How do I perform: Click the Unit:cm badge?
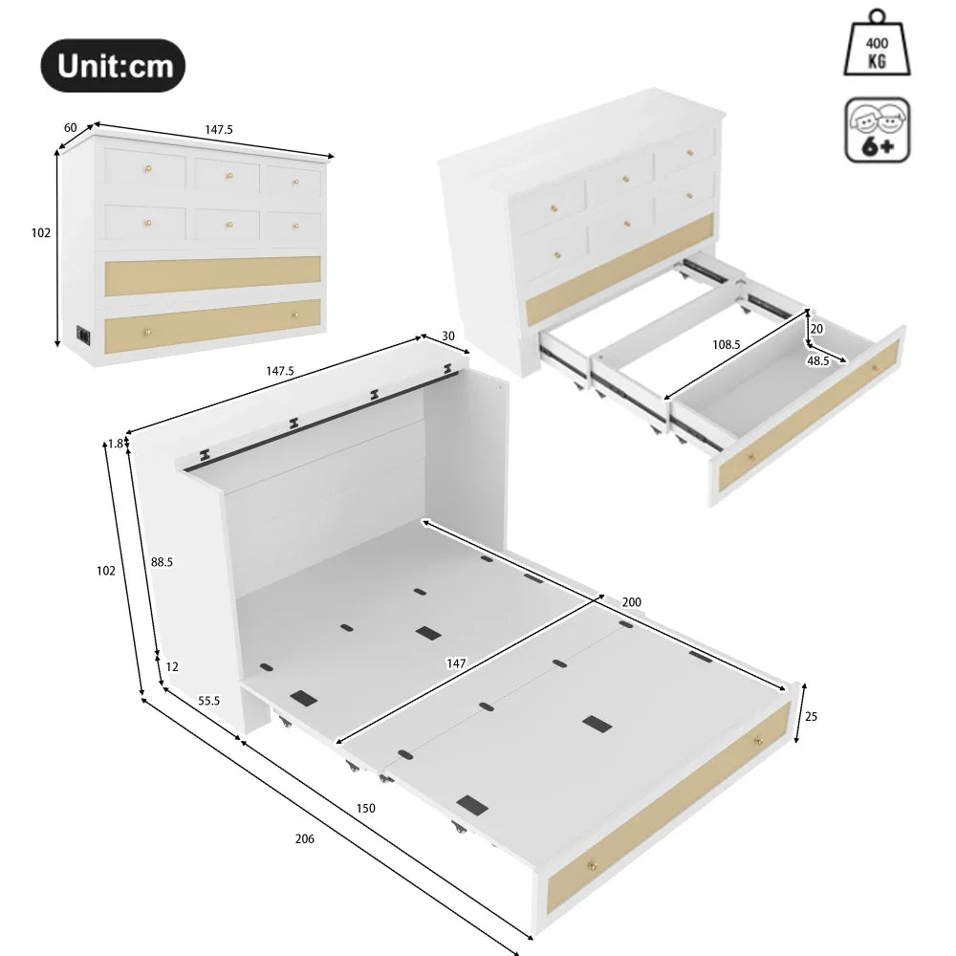112,66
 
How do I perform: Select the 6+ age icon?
877,130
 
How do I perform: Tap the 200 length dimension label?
631,602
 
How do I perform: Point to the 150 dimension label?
365,808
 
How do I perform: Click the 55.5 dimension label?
209,701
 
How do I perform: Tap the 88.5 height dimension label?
162,562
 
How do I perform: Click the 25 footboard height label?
812,716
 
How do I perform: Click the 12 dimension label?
171,666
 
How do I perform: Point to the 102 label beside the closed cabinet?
40,232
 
